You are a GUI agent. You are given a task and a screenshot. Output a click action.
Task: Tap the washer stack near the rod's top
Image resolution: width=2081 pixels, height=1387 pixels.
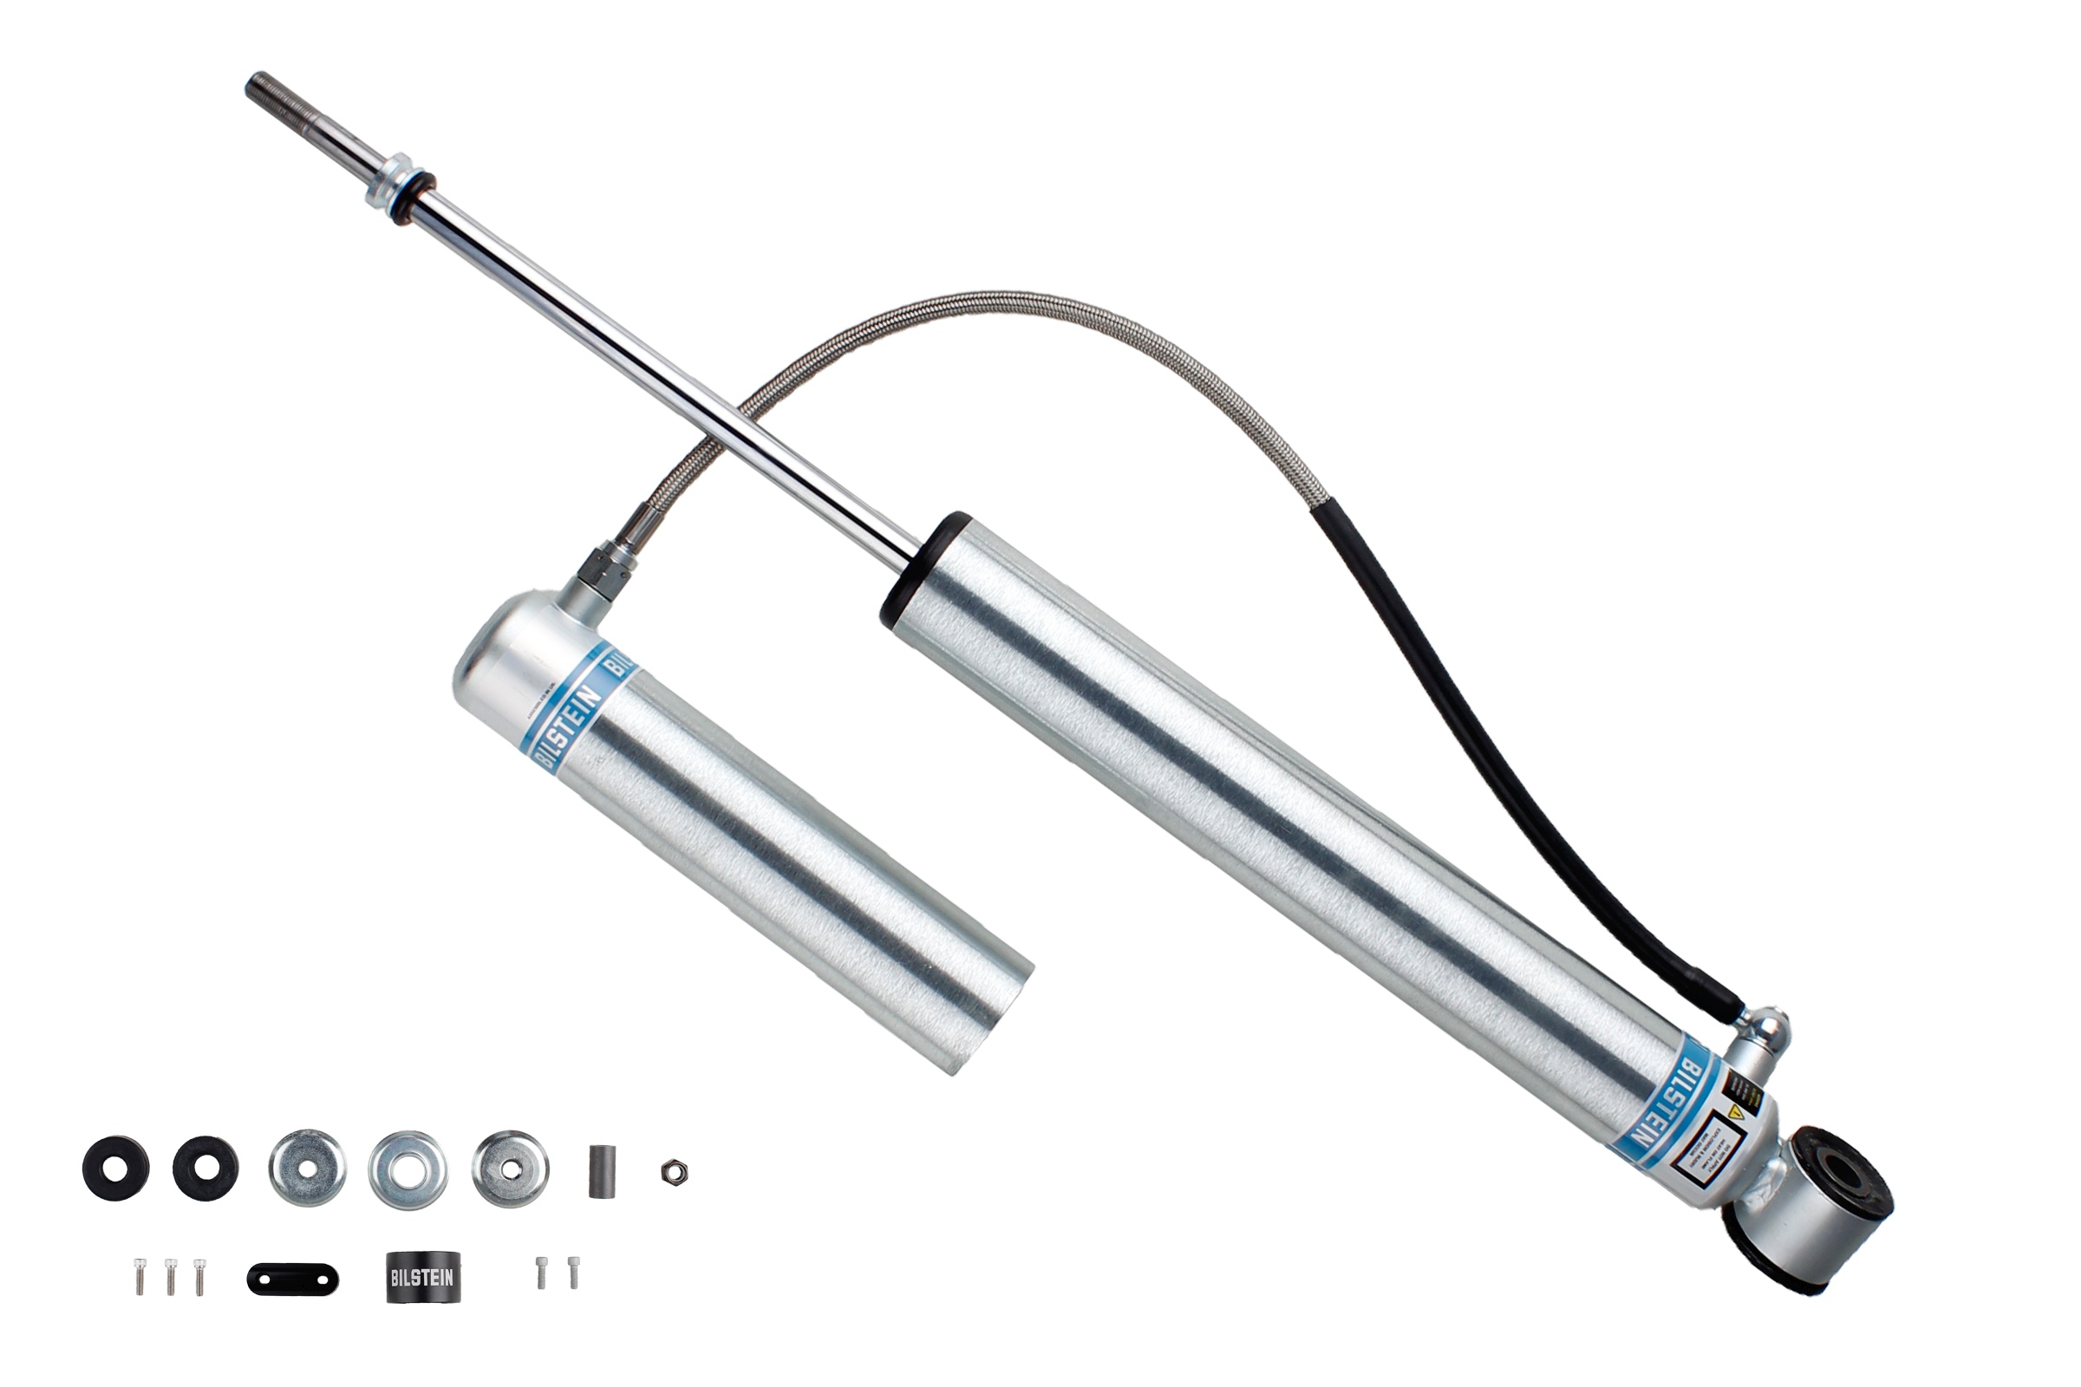click(398, 192)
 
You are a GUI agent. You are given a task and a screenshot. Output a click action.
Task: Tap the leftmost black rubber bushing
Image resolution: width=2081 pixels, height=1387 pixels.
click(116, 1168)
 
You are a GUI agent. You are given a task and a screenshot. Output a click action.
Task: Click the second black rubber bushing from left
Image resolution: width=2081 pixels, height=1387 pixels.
click(205, 1168)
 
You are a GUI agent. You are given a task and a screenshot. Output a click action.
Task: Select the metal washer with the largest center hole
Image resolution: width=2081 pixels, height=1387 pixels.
click(408, 1171)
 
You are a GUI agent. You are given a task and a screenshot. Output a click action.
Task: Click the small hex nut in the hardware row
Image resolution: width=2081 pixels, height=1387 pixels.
click(675, 1173)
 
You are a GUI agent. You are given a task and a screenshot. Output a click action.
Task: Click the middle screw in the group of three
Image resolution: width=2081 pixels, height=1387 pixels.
click(171, 1275)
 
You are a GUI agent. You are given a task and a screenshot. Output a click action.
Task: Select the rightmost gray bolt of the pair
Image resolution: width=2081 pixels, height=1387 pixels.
click(573, 1272)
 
